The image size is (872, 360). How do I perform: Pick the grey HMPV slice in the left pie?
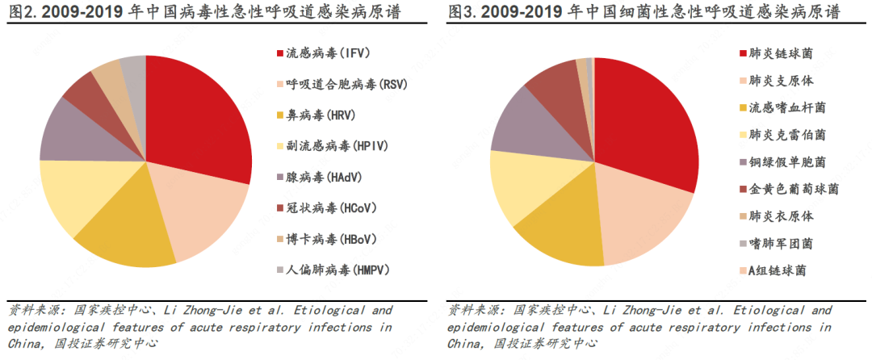pos(135,71)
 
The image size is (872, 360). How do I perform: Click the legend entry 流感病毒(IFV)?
pos(317,54)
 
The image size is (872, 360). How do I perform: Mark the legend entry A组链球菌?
pos(778,270)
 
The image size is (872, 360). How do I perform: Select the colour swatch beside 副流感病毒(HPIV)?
pos(279,146)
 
